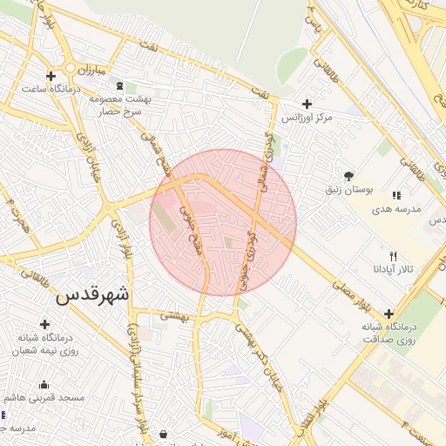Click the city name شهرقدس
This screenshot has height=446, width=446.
coord(92,294)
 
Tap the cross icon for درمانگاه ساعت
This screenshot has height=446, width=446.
coord(51,76)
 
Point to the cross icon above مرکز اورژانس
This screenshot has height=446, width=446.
coord(307,104)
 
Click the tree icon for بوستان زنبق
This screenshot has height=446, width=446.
coord(348,175)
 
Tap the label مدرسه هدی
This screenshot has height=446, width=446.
coord(396,209)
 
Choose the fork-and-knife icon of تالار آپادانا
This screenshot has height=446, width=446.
coord(394,256)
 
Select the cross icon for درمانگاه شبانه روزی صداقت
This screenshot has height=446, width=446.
coord(388,314)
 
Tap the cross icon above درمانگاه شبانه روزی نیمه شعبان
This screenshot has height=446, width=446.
coord(44,324)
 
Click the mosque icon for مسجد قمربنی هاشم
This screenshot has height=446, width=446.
coord(44,385)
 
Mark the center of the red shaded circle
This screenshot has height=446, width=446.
coord(223,223)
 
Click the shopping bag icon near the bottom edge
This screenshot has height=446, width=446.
coord(164,433)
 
